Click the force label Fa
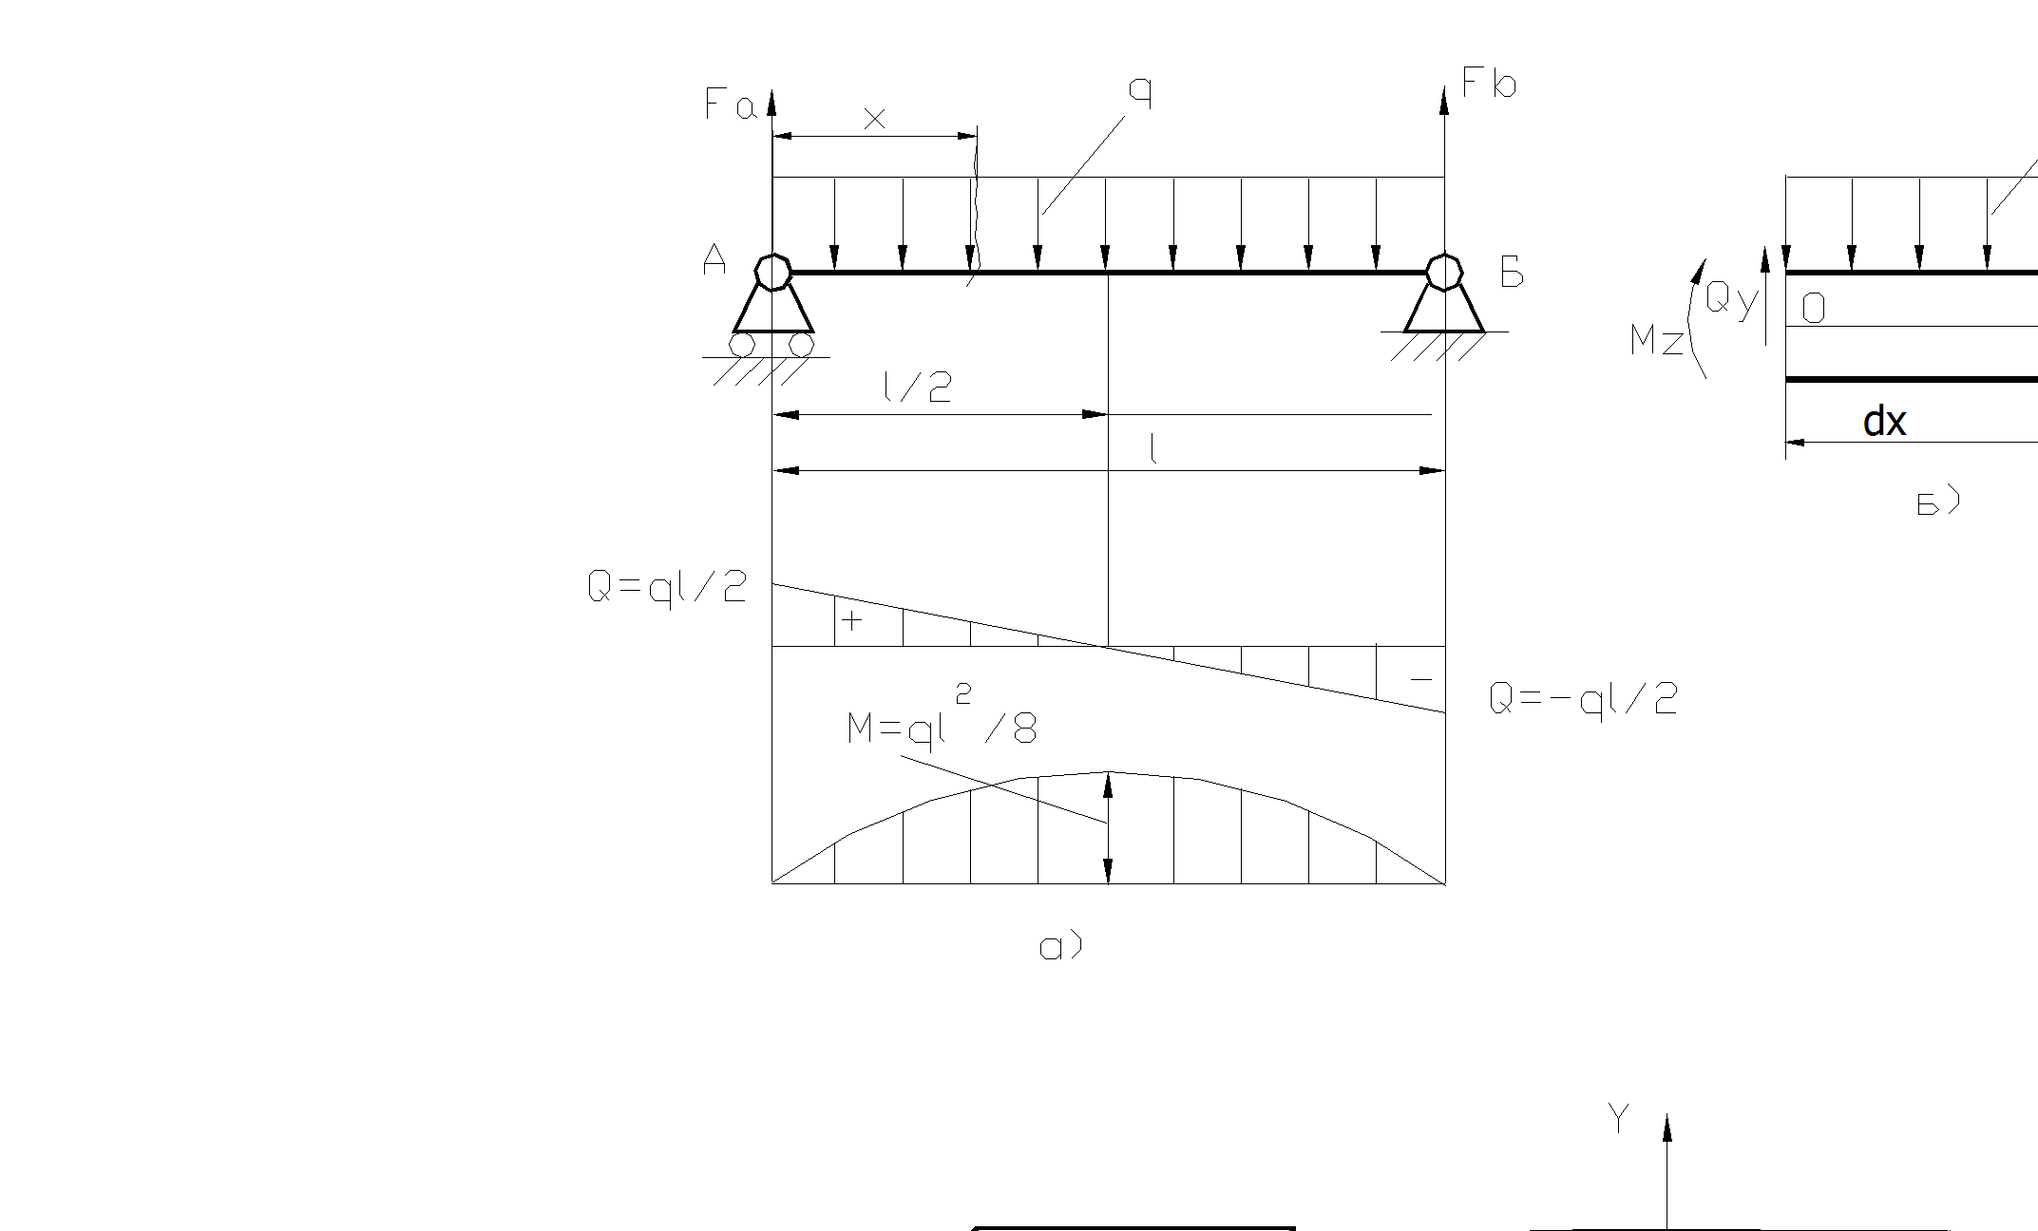tap(730, 104)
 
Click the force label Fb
tap(1489, 84)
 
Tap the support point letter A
tap(714, 259)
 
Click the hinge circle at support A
tap(772, 272)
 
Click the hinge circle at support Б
tap(1443, 272)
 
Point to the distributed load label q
tap(1140, 93)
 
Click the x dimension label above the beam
tap(874, 119)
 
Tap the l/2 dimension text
tap(917, 387)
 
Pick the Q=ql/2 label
tap(667, 588)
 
